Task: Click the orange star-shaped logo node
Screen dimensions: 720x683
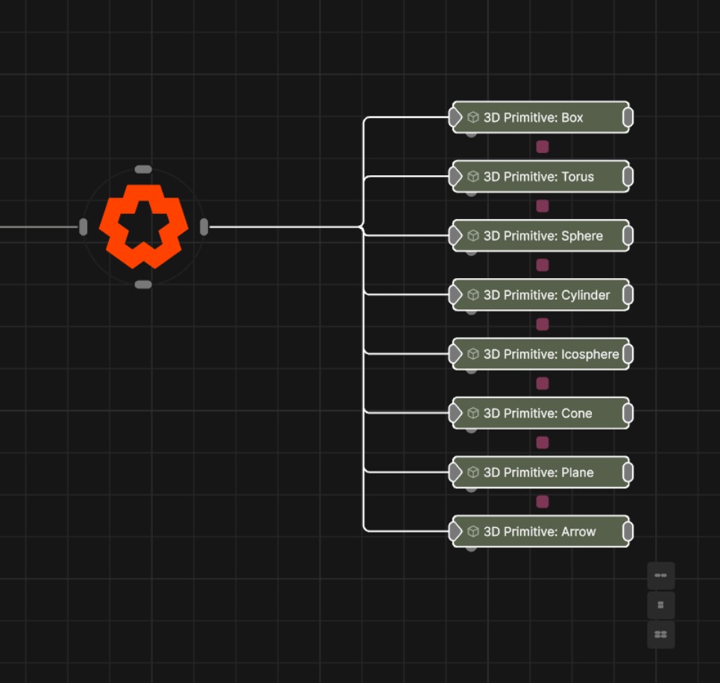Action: click(x=144, y=227)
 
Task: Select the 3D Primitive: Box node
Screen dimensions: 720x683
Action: click(x=540, y=117)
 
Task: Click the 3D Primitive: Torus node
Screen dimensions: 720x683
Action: click(x=540, y=177)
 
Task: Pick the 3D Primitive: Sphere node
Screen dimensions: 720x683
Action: click(x=540, y=236)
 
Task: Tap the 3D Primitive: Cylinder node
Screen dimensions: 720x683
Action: click(x=540, y=295)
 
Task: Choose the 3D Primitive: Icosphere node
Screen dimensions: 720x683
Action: click(x=540, y=354)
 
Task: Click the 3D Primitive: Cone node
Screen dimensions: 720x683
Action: click(x=540, y=413)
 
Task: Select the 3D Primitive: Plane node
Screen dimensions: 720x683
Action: click(x=540, y=472)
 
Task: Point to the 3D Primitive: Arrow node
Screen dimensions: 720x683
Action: click(x=540, y=532)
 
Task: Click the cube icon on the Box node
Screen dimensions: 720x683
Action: click(x=473, y=118)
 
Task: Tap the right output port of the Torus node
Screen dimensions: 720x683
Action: click(x=628, y=177)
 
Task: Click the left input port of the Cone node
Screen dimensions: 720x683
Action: click(x=455, y=413)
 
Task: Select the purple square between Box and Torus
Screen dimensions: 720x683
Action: click(x=543, y=147)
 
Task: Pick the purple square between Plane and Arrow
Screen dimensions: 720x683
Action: click(x=543, y=502)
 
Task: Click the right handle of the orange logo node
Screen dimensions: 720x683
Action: click(x=204, y=227)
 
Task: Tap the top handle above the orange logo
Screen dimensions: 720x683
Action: click(x=143, y=169)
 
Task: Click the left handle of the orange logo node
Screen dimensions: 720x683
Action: click(x=83, y=227)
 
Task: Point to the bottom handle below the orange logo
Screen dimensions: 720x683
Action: click(x=143, y=285)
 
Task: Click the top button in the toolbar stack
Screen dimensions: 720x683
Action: click(x=661, y=575)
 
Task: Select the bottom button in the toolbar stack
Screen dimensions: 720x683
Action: click(x=661, y=635)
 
